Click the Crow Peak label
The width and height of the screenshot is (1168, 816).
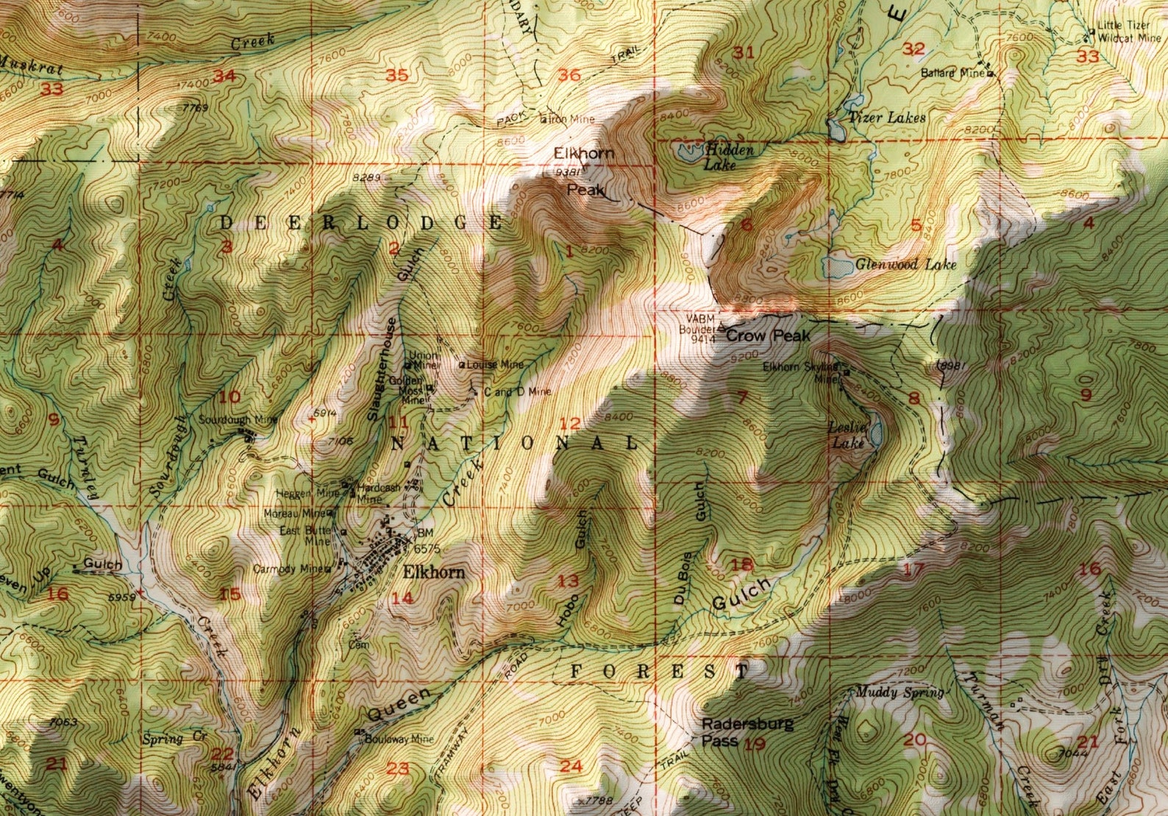click(768, 336)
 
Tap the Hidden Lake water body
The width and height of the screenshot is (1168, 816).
click(688, 153)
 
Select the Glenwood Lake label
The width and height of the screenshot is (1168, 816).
click(906, 264)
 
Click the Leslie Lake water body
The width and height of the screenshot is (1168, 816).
click(876, 436)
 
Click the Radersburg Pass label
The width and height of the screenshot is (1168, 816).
click(747, 732)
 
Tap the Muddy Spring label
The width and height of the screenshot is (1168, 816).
click(900, 692)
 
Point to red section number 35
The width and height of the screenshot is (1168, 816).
click(397, 75)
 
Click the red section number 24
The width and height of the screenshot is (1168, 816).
click(571, 766)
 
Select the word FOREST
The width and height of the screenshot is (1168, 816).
click(660, 671)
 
